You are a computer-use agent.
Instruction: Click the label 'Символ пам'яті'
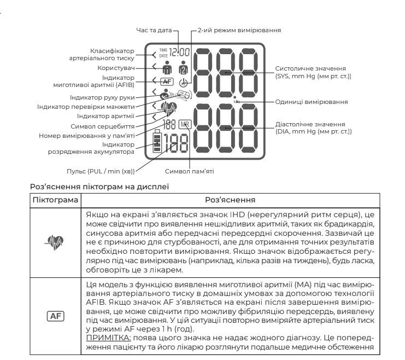189,171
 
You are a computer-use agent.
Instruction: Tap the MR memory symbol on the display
185,124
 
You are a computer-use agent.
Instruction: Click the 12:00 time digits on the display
180,53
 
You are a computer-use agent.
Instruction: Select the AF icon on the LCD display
166,81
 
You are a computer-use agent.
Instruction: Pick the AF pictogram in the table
55,316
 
